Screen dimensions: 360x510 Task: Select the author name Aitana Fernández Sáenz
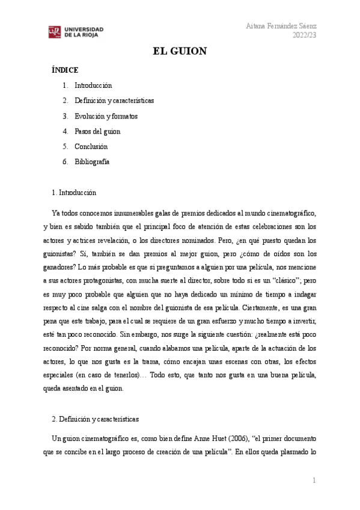(x=282, y=26)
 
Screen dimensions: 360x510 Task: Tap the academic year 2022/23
(x=305, y=35)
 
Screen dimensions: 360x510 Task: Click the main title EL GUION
(x=180, y=52)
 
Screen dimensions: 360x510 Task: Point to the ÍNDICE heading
(x=65, y=70)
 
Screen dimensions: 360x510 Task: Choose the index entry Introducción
(x=93, y=85)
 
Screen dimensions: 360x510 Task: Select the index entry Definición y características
(x=114, y=100)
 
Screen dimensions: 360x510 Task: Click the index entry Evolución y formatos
(x=106, y=116)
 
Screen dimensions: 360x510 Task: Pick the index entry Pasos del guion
(x=97, y=131)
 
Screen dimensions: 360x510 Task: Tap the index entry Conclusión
(x=91, y=146)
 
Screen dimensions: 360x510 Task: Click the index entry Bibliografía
(x=92, y=162)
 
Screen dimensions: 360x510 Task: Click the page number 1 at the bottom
(x=314, y=480)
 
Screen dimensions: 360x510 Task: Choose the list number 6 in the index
(x=65, y=162)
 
